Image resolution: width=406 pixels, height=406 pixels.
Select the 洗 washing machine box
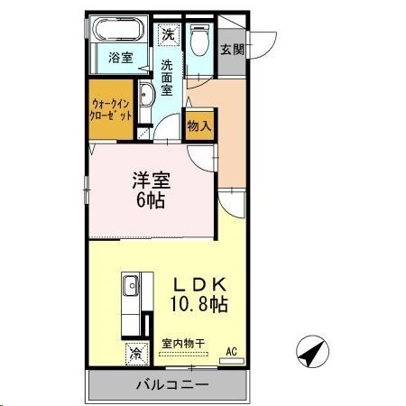point(169,34)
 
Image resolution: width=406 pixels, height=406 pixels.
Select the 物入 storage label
point(198,125)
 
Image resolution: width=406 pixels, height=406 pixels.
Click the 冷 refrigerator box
point(135,351)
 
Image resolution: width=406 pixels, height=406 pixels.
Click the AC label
point(231,351)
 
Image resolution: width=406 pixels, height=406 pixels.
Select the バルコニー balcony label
point(171,385)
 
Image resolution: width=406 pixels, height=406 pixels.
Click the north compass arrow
point(310,352)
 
